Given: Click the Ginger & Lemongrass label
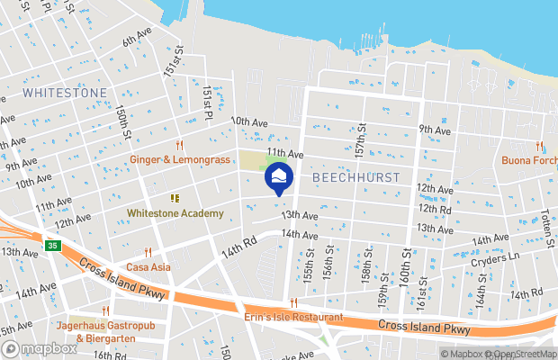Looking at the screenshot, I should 179,158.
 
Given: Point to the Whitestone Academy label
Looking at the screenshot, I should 175,213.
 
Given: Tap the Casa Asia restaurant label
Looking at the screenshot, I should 148,266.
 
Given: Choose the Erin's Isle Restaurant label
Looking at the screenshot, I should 293,318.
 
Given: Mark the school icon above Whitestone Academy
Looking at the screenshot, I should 175,198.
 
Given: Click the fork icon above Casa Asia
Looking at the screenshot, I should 148,252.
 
